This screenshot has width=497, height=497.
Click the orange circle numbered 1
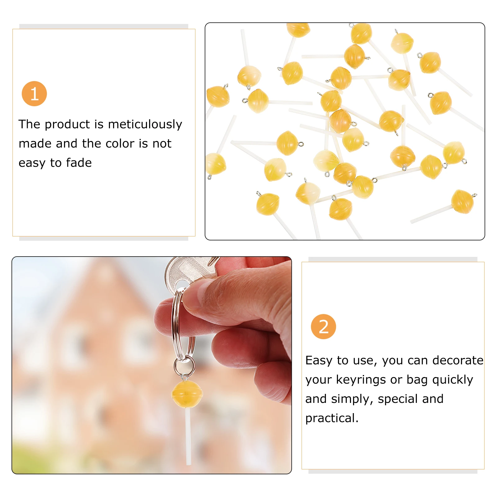coord(34,93)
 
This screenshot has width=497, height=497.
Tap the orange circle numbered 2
coord(323,326)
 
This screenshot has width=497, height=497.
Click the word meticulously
coord(145,124)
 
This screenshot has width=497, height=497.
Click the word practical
coord(332,418)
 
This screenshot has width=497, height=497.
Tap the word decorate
coord(458,360)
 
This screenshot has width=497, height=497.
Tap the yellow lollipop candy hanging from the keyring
coord(187,394)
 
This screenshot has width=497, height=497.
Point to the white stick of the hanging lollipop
coord(188,436)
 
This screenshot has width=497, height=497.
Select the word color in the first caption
coord(120,144)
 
